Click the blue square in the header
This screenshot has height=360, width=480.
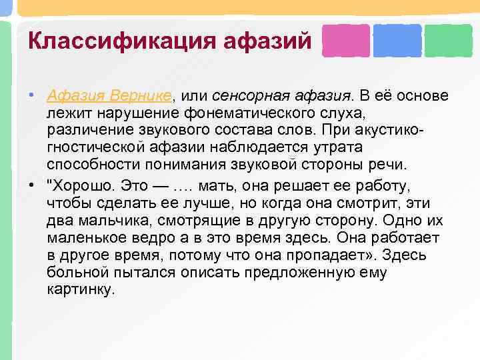(x=397, y=41)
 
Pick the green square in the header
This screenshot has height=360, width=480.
(x=448, y=41)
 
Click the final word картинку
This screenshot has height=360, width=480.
(x=81, y=289)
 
